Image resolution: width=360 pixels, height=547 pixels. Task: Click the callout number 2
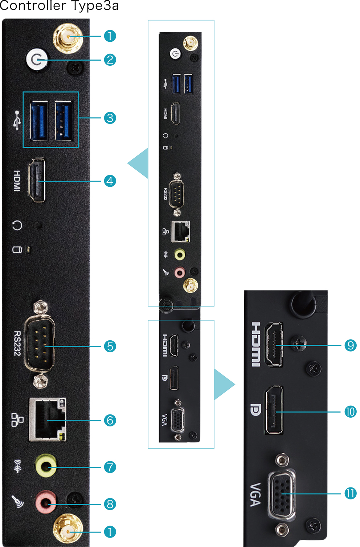tap(110, 60)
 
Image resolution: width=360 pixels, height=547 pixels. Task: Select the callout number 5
tap(110, 346)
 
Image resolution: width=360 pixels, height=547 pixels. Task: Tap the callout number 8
tap(110, 504)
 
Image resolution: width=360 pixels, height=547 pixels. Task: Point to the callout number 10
tap(350, 412)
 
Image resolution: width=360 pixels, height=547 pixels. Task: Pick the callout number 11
tap(350, 493)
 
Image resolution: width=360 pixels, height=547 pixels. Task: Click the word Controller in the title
tap(33, 6)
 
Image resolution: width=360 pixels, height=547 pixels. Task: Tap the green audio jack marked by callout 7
tap(46, 466)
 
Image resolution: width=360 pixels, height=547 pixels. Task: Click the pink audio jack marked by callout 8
tap(45, 503)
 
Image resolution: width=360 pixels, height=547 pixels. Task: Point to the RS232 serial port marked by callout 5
tap(39, 346)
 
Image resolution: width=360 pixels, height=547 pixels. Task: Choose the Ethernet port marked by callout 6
tap(47, 420)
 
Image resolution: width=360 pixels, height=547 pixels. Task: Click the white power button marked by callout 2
tap(37, 60)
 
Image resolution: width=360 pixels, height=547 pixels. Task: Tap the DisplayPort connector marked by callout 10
tap(274, 410)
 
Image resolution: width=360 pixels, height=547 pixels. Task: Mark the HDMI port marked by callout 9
tap(274, 344)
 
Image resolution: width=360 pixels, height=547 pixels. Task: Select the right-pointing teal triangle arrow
tap(223, 384)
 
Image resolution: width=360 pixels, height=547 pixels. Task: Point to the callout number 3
tap(110, 118)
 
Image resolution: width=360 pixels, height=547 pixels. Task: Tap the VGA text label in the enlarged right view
tap(256, 494)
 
